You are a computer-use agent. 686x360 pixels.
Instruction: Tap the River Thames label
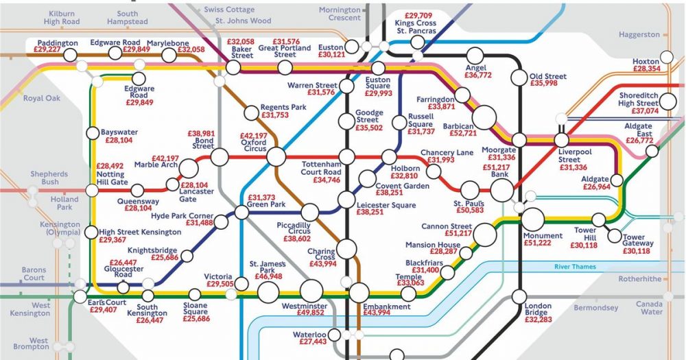click(576, 267)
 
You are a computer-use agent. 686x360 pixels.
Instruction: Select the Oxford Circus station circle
click(276, 156)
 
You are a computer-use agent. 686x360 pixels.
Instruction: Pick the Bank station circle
click(501, 190)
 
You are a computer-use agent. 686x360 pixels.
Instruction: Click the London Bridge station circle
click(519, 297)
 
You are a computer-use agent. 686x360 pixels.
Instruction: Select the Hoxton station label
click(646, 61)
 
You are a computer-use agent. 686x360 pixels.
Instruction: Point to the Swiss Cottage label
click(230, 10)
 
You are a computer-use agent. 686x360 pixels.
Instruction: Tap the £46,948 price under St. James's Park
click(263, 276)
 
